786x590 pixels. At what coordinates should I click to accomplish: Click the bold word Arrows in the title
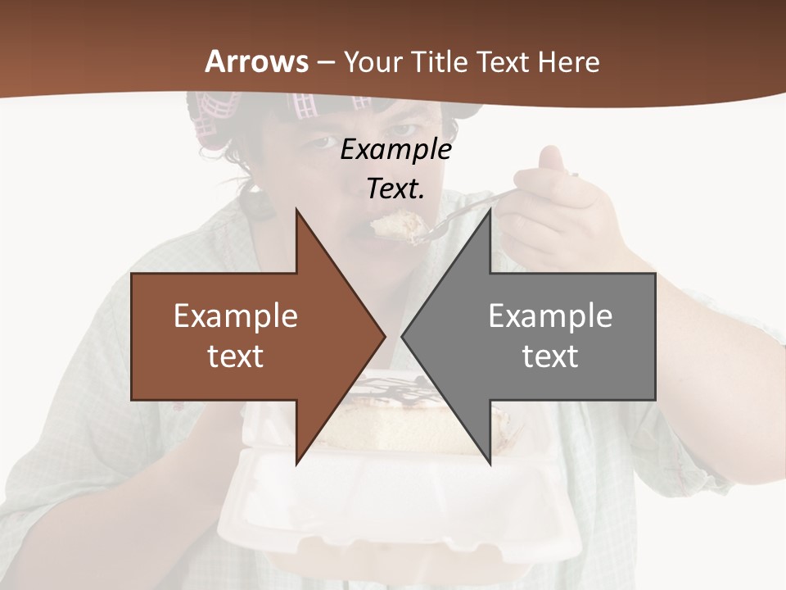(x=257, y=61)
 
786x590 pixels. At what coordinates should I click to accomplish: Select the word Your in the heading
(x=372, y=63)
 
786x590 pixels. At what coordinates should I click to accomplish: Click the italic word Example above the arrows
(x=395, y=149)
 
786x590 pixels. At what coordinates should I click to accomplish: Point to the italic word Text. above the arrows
(x=395, y=189)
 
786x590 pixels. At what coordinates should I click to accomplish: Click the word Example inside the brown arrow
(x=236, y=316)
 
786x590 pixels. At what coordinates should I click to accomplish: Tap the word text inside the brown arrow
(x=236, y=356)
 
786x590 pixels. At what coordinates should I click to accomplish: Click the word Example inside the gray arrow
(x=550, y=316)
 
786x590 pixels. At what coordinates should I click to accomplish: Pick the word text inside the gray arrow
(x=550, y=356)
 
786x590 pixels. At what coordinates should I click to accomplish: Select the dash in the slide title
(x=326, y=63)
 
